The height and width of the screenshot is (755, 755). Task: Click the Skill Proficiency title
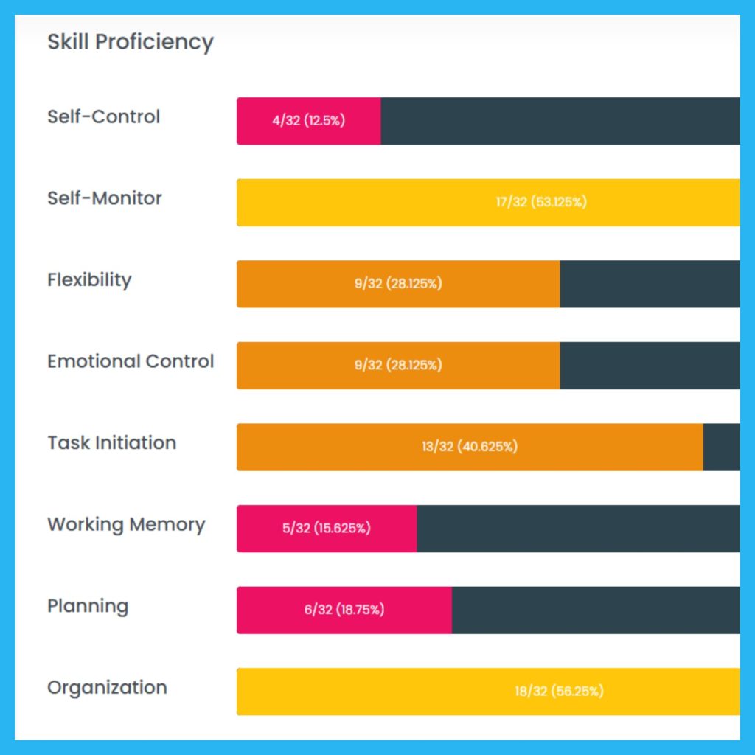tap(130, 42)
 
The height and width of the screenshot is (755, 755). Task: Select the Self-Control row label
tap(103, 117)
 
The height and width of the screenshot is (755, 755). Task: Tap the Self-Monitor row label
tap(104, 198)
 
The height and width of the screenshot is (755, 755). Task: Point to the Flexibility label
tap(89, 280)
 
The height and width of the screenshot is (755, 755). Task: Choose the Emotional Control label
tap(131, 361)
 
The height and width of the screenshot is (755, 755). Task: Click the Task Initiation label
tap(111, 443)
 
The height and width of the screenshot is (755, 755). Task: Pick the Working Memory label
tap(126, 525)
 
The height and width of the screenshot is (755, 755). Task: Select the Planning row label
tap(88, 607)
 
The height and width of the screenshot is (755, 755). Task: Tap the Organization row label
tap(107, 688)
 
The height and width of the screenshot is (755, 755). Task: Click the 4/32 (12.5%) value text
tap(308, 121)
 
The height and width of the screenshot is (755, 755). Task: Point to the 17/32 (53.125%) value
tap(541, 202)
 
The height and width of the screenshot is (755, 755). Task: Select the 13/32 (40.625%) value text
tap(470, 447)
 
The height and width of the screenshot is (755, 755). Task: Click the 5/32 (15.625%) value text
tap(326, 529)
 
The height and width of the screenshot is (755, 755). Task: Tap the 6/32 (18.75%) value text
tap(344, 610)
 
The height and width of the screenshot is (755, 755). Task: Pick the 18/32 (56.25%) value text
tap(559, 692)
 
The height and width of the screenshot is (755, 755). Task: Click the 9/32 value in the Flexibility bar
tap(397, 284)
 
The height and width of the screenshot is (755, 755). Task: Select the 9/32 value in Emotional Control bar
tap(397, 366)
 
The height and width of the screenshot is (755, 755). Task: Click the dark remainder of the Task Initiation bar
tap(721, 447)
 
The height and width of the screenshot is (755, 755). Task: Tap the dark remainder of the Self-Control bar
tap(560, 121)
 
